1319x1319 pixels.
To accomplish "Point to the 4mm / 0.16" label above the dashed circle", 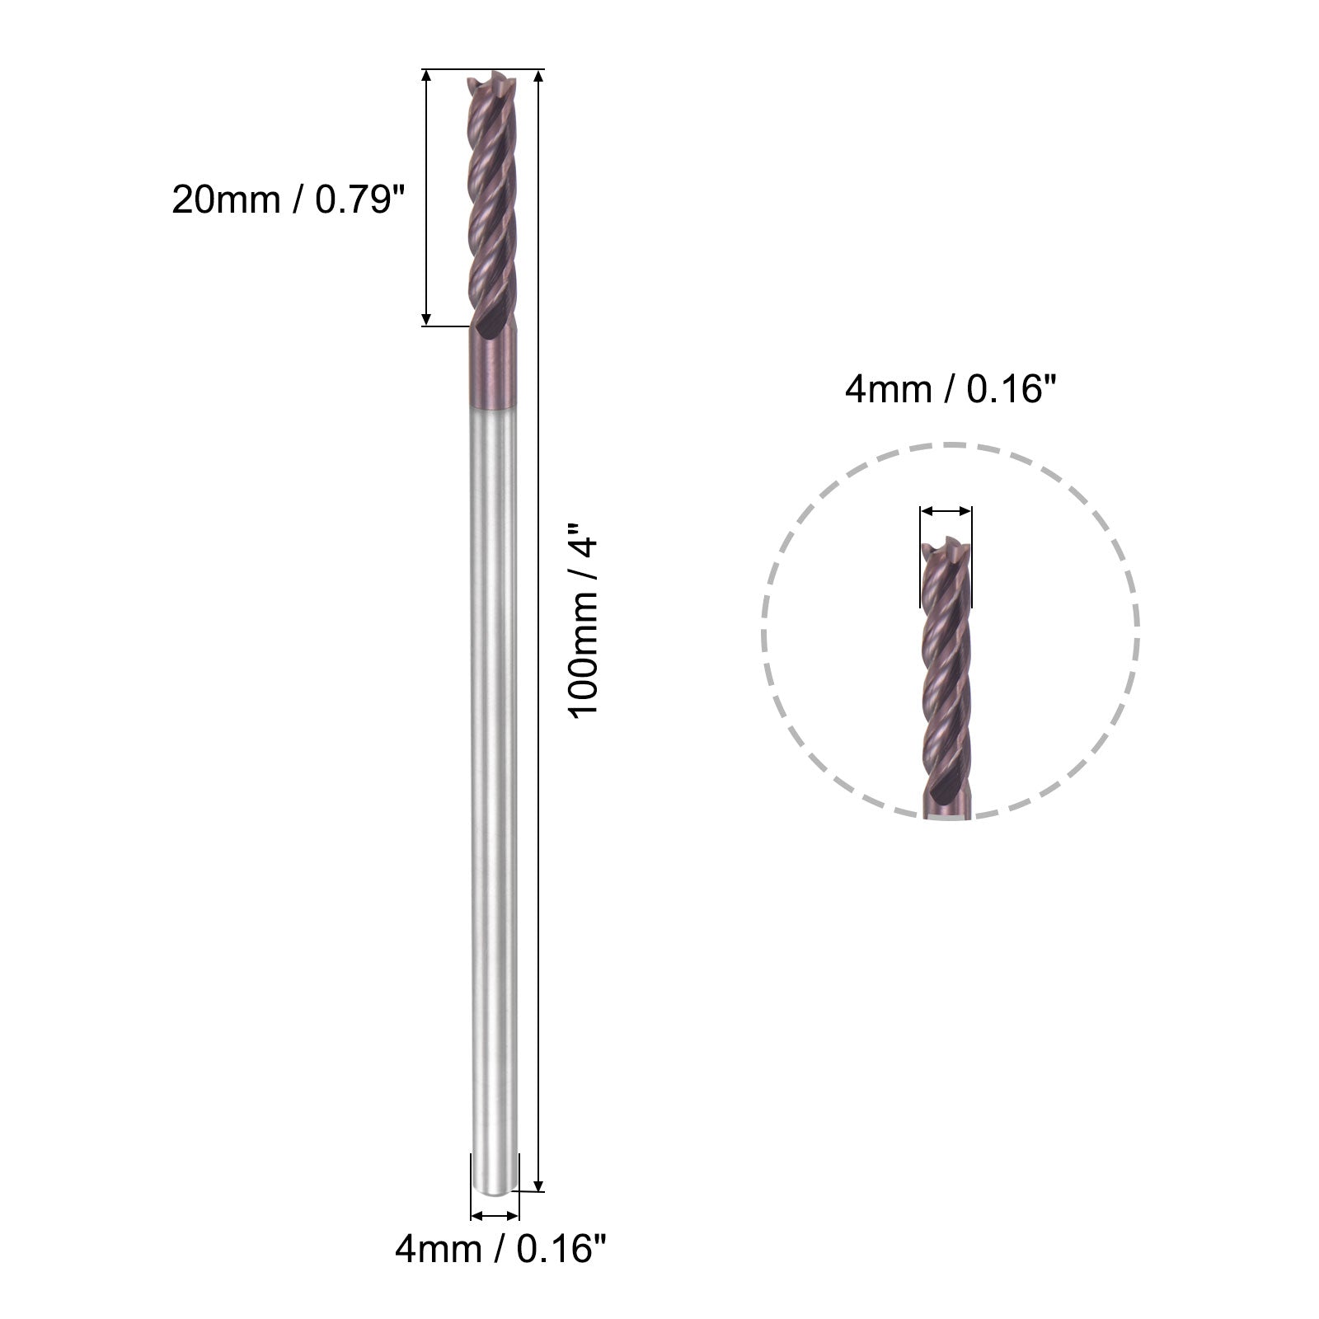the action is pyautogui.click(x=950, y=388).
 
